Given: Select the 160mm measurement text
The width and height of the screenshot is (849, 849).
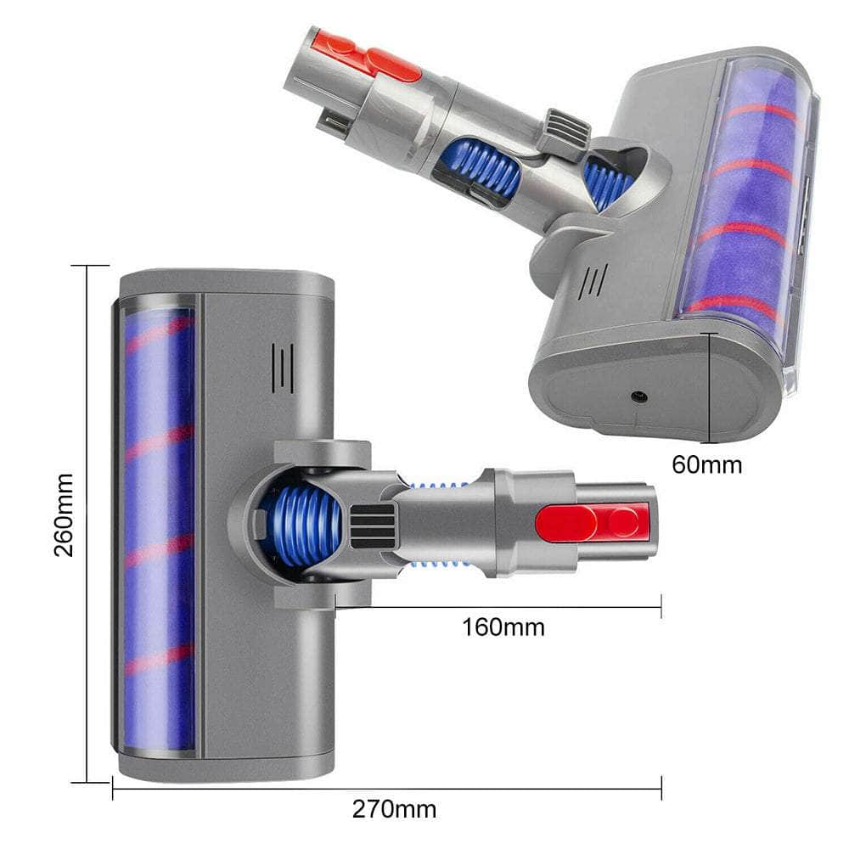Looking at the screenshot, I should point(503,627).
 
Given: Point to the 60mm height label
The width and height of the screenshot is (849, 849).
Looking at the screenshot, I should point(706,464).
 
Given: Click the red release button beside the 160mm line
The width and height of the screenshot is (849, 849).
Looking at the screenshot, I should point(592,522).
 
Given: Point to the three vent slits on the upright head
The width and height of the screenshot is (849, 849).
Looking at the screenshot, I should point(283,368).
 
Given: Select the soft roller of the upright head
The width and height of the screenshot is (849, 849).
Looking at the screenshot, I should point(159,526).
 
